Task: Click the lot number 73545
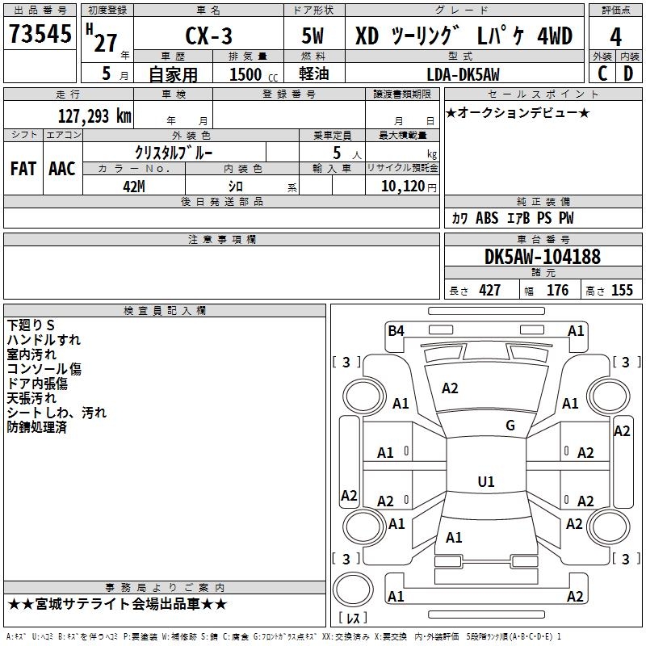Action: coord(40,34)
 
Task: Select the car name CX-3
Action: coord(208,36)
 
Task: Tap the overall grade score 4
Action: coord(615,37)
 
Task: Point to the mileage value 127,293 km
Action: coord(94,115)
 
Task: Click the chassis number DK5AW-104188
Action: coord(543,257)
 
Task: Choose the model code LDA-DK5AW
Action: coord(463,74)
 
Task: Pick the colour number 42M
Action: coord(134,187)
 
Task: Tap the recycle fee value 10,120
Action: coord(403,187)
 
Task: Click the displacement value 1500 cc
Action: coord(254,74)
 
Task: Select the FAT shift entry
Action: coord(23,169)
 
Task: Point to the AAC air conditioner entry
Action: coord(62,169)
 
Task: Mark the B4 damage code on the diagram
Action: coord(396,331)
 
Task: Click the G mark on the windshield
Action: coord(510,426)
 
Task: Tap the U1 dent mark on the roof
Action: coord(486,481)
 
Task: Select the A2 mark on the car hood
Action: coord(450,388)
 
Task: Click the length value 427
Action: coord(490,290)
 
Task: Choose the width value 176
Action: coord(557,290)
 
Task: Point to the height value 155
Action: coord(622,290)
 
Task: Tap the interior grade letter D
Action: coord(628,73)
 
